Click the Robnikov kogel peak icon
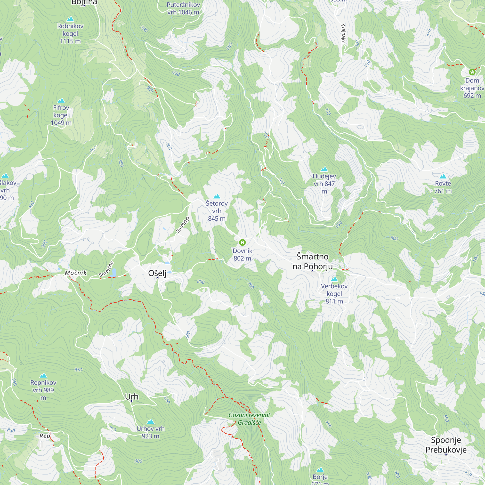pyautogui.click(x=70, y=19)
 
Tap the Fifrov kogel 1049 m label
pyautogui.click(x=61, y=115)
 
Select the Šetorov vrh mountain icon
pyautogui.click(x=217, y=196)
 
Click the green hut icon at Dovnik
pyautogui.click(x=242, y=242)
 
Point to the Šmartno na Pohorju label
pyautogui.click(x=313, y=261)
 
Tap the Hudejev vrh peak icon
pyautogui.click(x=324, y=169)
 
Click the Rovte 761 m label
pyautogui.click(x=443, y=187)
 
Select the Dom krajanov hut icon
pyautogui.click(x=472, y=72)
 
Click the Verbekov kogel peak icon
pyautogui.click(x=334, y=279)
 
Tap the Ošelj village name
pyautogui.click(x=157, y=273)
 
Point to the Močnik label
pyautogui.click(x=76, y=273)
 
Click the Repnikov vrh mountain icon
pyautogui.click(x=43, y=376)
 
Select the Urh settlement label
pyautogui.click(x=131, y=397)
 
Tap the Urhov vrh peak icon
pyautogui.click(x=150, y=421)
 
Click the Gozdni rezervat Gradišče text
pyautogui.click(x=249, y=419)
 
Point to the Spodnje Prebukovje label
pyautogui.click(x=446, y=445)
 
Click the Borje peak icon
pyautogui.click(x=320, y=470)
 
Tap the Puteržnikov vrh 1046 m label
pyautogui.click(x=183, y=8)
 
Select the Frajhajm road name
pyautogui.click(x=343, y=34)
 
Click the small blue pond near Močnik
pyautogui.click(x=114, y=272)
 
